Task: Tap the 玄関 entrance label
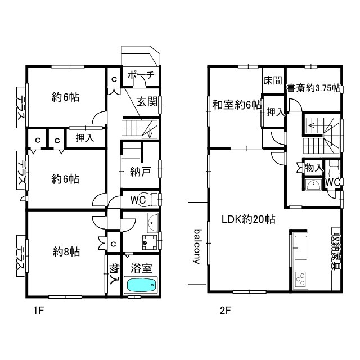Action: (x=147, y=101)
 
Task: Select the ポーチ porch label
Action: (x=141, y=75)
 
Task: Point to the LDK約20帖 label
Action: (x=249, y=219)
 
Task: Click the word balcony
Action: (x=197, y=246)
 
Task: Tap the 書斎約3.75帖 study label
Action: (x=313, y=88)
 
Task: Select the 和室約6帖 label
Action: (x=237, y=105)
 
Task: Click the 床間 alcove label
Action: (x=273, y=80)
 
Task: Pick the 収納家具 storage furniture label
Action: (x=335, y=252)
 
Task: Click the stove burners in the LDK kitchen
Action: (x=300, y=279)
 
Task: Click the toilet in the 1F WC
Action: (x=151, y=199)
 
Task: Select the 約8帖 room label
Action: (x=66, y=251)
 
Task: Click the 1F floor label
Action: (x=39, y=310)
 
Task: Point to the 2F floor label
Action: (x=225, y=310)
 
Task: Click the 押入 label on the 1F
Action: (x=85, y=138)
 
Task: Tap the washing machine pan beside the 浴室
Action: (x=149, y=243)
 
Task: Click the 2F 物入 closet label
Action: (x=314, y=168)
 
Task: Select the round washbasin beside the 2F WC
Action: (x=313, y=184)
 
